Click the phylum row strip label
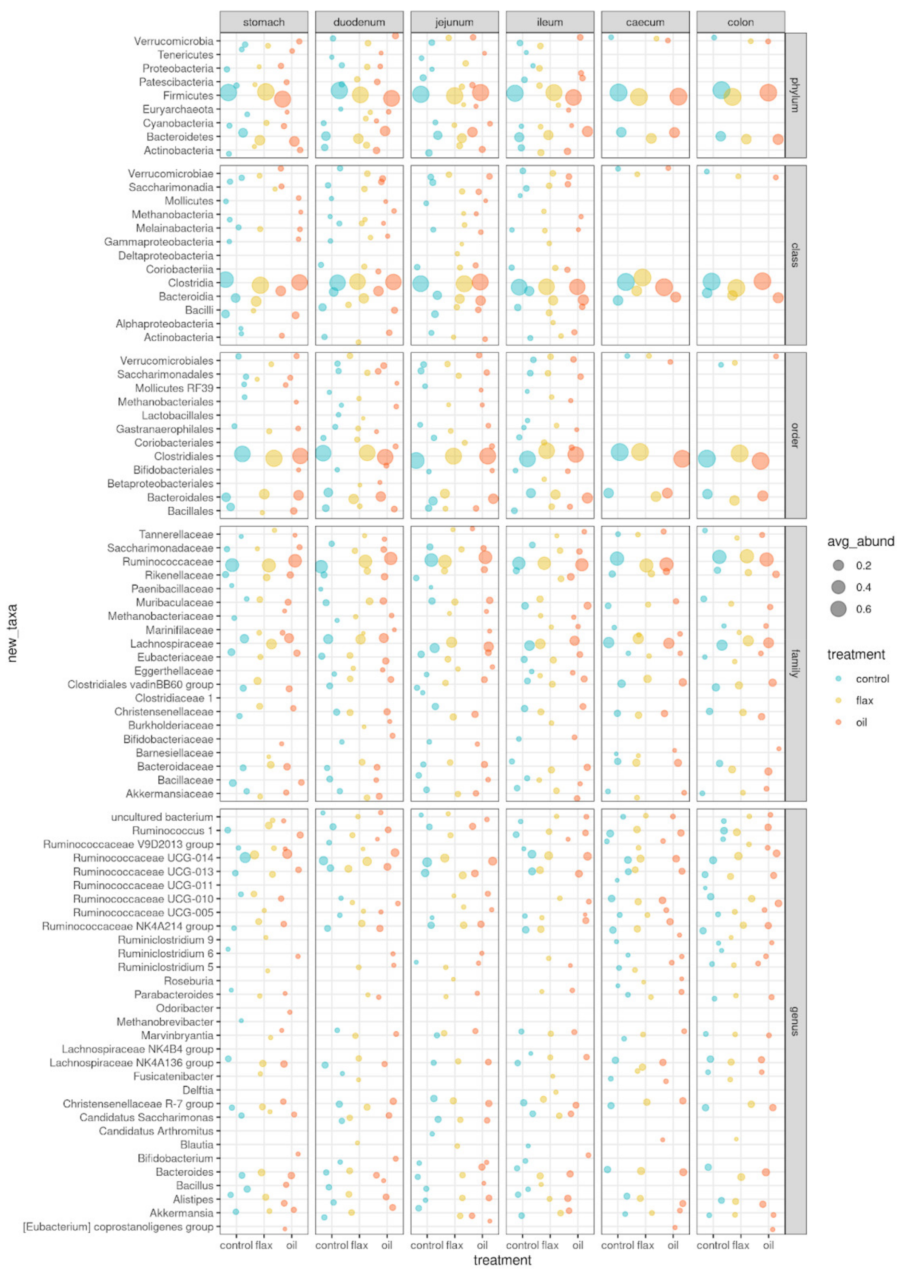point(795,95)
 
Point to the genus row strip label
point(795,1021)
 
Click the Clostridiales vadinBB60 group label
point(140,685)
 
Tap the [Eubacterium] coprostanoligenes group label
point(118,1226)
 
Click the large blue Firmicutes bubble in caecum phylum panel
point(618,93)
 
